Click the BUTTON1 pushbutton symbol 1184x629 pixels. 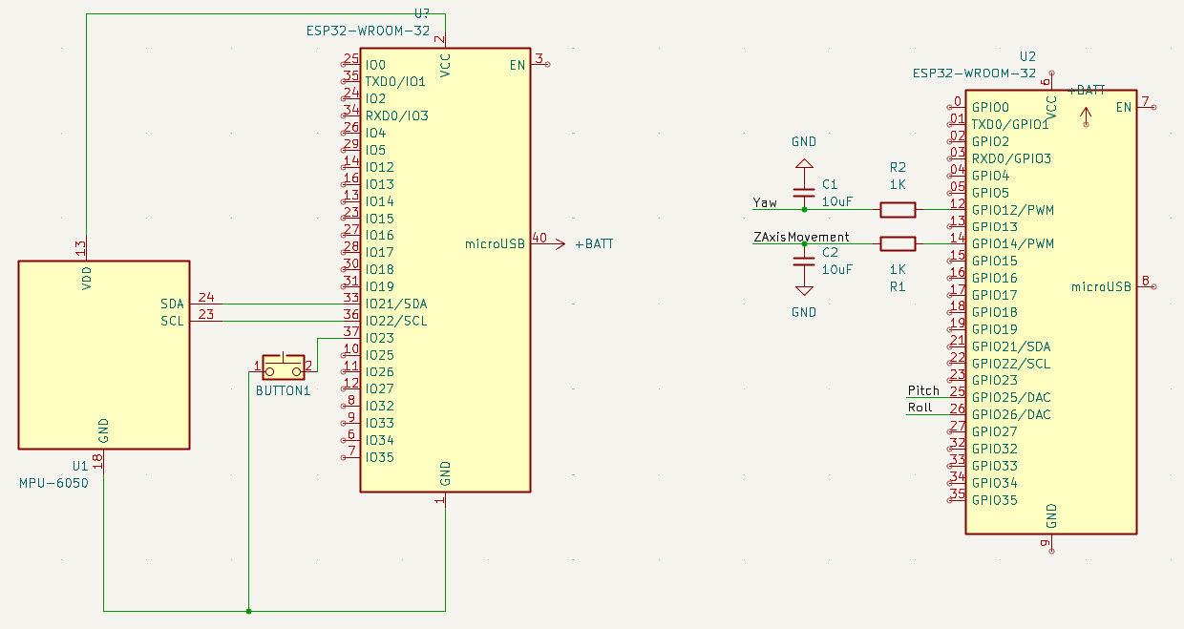283,367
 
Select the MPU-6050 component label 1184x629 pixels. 53,484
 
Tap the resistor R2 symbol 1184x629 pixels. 897,209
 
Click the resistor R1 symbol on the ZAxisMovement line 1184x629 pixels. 897,243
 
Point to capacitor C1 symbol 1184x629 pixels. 804,191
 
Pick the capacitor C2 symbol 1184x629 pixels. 804,262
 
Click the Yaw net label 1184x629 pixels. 765,202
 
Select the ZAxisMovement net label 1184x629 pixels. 800,237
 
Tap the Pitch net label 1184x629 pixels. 923,390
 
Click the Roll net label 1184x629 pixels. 920,408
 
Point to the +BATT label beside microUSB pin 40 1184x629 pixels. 594,244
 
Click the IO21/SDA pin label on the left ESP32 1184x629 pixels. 396,304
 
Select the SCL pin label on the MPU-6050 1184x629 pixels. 172,321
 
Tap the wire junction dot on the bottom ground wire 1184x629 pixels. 248,611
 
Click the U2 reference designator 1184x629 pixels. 1027,56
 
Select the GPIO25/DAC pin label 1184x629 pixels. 1011,397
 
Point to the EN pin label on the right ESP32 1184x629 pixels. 1124,107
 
